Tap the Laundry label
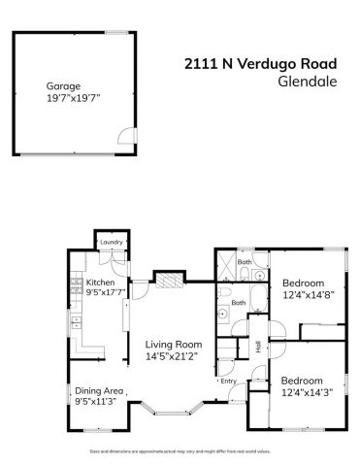(109, 243)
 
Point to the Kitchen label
(101, 283)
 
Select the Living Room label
(173, 345)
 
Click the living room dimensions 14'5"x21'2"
(173, 356)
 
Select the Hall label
(258, 346)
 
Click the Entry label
(228, 381)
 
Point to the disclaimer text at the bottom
(180, 452)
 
